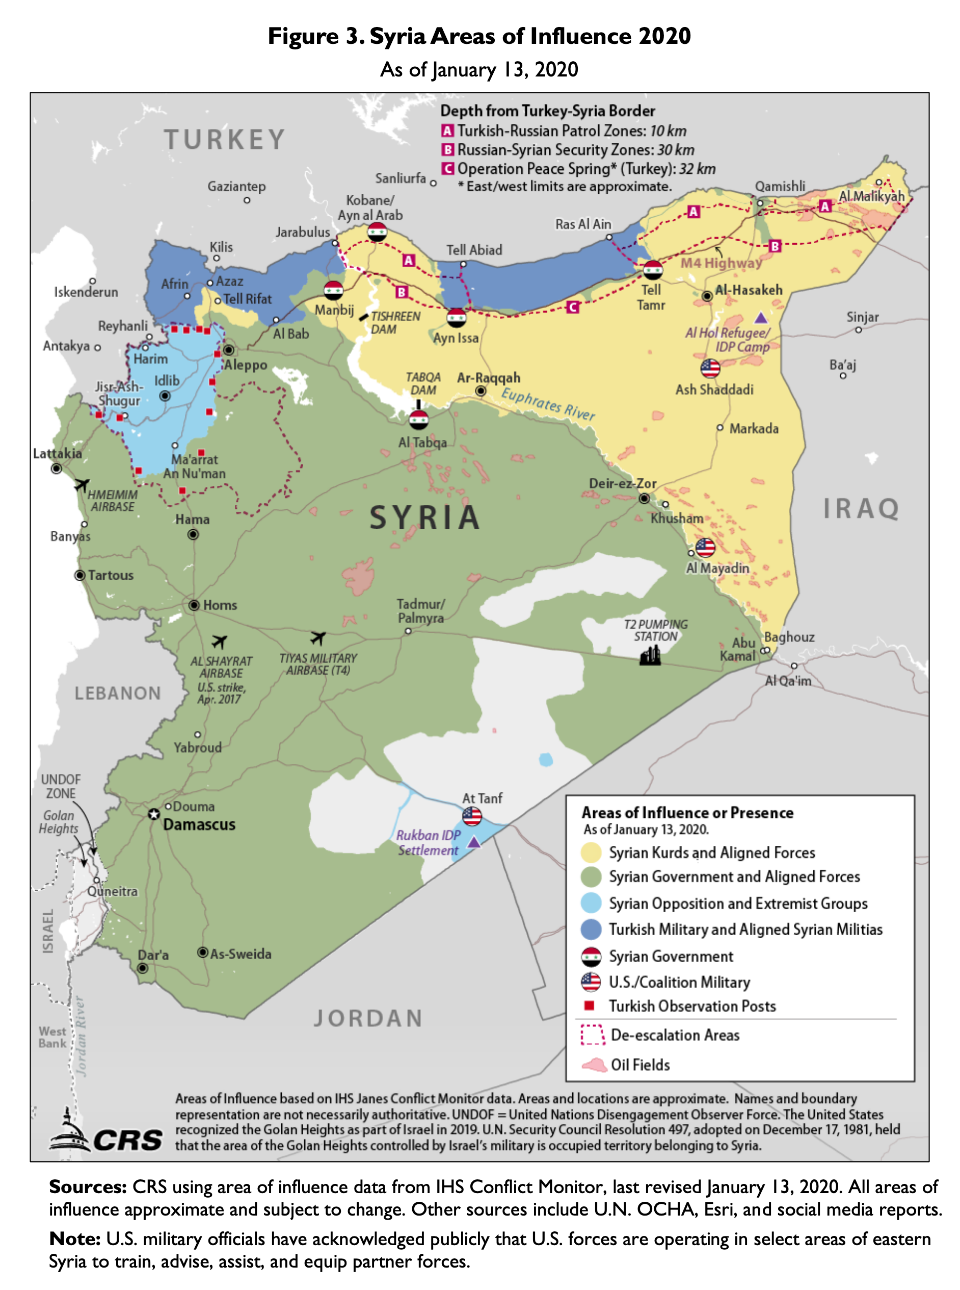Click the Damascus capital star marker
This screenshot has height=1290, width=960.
153,814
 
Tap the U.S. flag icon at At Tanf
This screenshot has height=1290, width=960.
472,816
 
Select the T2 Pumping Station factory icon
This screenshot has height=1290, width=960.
650,656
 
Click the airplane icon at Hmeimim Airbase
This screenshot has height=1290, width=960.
82,484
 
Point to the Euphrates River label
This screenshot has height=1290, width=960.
548,403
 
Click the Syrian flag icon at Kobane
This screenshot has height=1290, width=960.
377,232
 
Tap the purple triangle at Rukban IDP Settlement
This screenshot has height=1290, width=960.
474,842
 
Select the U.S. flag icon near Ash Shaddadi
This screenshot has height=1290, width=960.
710,368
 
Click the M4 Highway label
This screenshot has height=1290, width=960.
721,263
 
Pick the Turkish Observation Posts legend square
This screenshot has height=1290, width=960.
589,1005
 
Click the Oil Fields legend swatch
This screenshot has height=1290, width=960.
594,1065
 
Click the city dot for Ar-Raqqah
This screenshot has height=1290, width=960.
481,391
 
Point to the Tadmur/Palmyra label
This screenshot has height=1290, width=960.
421,611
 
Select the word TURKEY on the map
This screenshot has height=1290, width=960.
224,140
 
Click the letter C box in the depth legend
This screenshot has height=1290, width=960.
447,169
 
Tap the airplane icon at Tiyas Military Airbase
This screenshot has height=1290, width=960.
317,638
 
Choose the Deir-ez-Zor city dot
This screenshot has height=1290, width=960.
644,498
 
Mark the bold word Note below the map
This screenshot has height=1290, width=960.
74,1239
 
